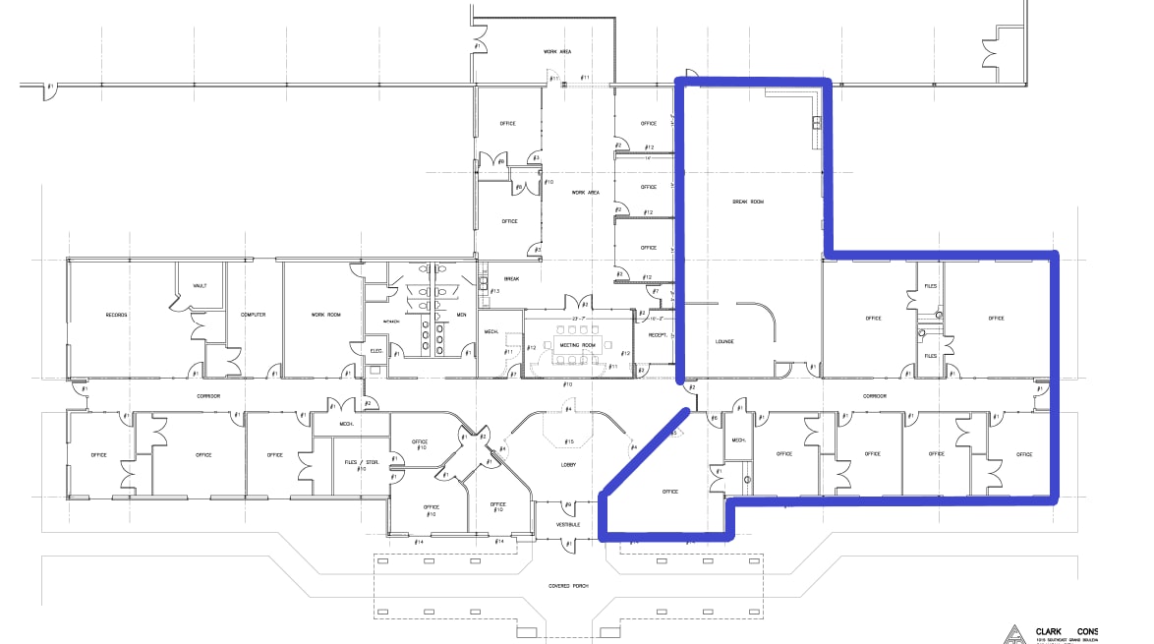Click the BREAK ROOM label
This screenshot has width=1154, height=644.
(748, 202)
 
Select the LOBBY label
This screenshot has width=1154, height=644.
(568, 464)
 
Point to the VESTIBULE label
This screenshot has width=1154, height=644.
(567, 524)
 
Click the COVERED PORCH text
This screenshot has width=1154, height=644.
(567, 585)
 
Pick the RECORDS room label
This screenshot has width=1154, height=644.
(117, 315)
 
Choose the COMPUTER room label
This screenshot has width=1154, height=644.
(254, 315)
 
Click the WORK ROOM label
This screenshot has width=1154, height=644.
(325, 315)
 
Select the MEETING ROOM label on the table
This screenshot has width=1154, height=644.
(577, 345)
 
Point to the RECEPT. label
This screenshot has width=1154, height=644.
(658, 335)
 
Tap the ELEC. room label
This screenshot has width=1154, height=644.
(375, 351)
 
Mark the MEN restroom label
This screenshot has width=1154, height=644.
(461, 315)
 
